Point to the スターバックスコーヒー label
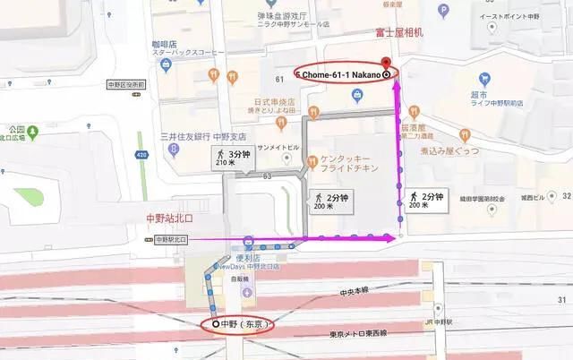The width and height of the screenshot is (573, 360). tap(186, 53)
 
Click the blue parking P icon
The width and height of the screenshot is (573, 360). tap(442, 10)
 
